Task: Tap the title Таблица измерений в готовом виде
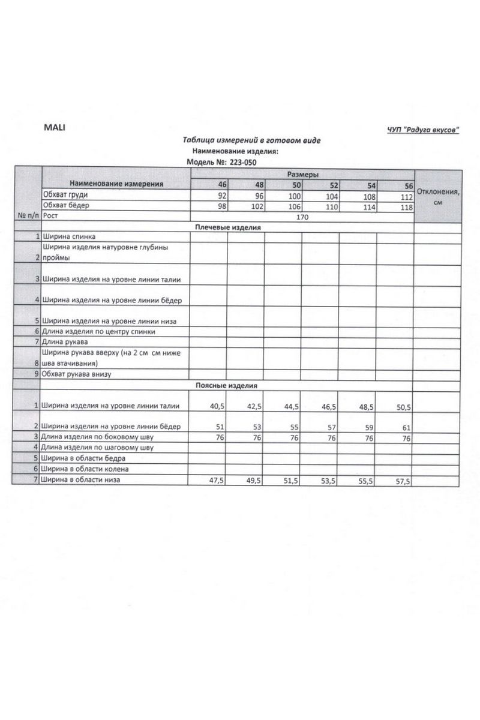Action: pyautogui.click(x=252, y=140)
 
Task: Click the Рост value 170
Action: pyautogui.click(x=302, y=217)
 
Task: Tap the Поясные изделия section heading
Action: pyautogui.click(x=226, y=385)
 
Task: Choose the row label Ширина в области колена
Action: pyautogui.click(x=85, y=469)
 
